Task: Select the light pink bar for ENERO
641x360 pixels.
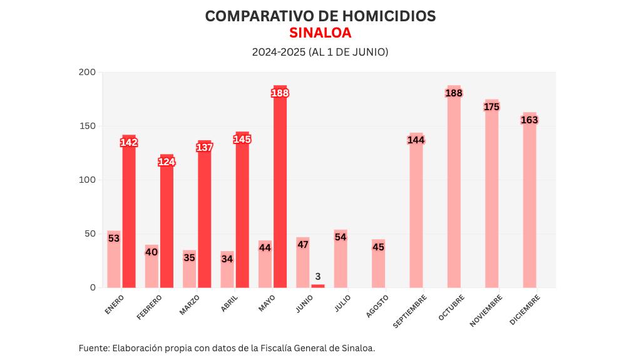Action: pos(113,263)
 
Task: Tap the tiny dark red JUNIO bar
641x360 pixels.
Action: pos(318,285)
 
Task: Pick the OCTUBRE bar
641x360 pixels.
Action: pos(454,188)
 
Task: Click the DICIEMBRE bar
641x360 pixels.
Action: pos(530,200)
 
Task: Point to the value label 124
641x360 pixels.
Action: pos(167,162)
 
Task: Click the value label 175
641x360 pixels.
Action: pos(492,107)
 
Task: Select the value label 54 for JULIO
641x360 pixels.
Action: pos(341,237)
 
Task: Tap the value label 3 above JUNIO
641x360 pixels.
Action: pos(318,276)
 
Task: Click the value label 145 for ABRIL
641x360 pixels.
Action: pos(242,139)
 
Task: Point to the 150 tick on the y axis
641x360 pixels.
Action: pos(88,126)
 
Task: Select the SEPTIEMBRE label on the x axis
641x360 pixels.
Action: pos(410,311)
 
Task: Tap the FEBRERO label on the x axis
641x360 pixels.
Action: pos(150,307)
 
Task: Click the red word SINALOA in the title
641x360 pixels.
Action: pos(320,33)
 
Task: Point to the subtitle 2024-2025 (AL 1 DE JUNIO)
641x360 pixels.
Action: pos(320,52)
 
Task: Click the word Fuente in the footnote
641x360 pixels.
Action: pos(93,348)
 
